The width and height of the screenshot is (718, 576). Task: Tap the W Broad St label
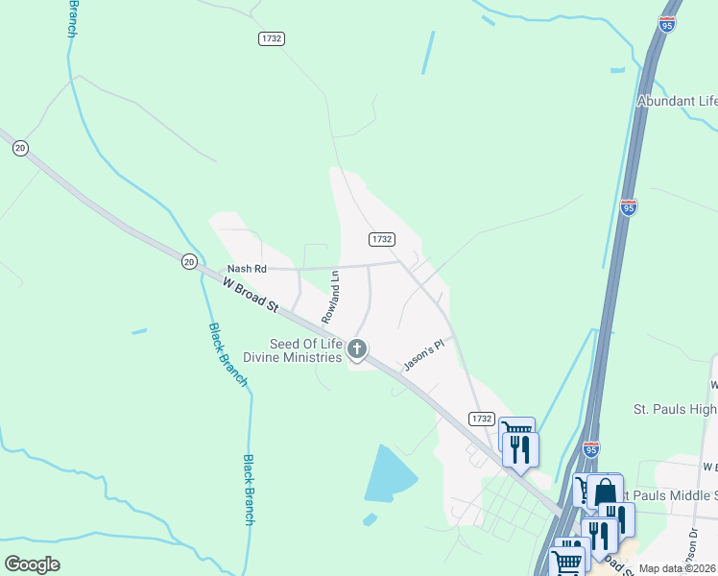[x=250, y=295]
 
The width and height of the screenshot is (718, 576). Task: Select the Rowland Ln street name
[x=331, y=295]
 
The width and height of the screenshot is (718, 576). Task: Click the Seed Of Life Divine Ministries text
[x=292, y=351]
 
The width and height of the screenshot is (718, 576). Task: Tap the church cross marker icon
[x=357, y=348]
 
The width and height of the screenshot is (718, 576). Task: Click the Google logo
[x=32, y=564]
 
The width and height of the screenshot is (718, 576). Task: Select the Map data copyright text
[x=678, y=568]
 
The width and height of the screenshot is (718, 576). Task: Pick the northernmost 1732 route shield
[x=272, y=37]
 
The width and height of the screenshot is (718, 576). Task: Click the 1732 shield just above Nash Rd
[x=381, y=238]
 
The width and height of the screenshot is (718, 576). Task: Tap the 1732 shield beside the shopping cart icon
[x=482, y=419]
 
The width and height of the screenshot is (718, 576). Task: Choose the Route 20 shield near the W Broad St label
[x=188, y=260]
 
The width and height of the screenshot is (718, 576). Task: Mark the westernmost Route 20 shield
[x=20, y=147]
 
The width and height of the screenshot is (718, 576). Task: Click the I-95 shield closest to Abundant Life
[x=666, y=25]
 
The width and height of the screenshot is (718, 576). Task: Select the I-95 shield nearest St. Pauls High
[x=591, y=448]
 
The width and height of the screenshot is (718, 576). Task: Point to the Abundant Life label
[x=678, y=101]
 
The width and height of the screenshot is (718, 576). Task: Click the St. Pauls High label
[x=674, y=410]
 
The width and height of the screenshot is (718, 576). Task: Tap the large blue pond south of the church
[x=390, y=474]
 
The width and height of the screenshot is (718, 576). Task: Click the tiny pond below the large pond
[x=370, y=519]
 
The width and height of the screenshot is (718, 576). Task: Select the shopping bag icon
[x=606, y=492]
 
